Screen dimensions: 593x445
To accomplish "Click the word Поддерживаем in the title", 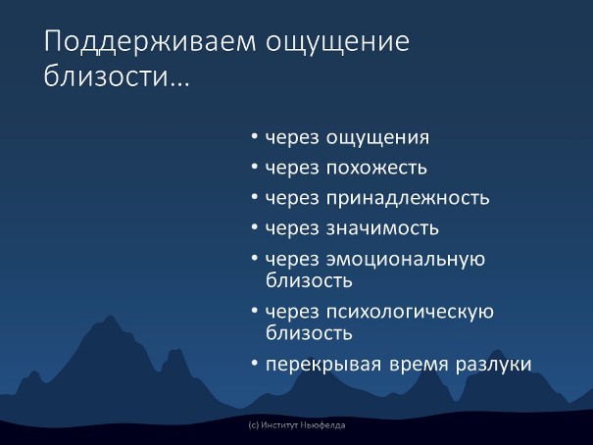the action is coord(150,42).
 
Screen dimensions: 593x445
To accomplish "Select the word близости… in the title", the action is coord(117,74).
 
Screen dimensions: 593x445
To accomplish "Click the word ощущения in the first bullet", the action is coord(377,137).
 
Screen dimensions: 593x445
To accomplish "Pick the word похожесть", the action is coord(376,168).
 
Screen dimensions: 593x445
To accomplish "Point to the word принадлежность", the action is coord(408,198).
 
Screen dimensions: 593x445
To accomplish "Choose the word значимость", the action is coord(382,228).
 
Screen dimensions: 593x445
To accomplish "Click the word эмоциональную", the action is coord(406,260).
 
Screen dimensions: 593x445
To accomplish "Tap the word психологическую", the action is coord(410,313).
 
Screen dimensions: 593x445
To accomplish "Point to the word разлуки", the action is coord(493,365).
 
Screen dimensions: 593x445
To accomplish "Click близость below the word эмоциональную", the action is coord(309,280).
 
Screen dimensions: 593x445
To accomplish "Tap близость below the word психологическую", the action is coord(309,333).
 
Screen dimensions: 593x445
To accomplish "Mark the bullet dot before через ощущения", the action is coord(255,136).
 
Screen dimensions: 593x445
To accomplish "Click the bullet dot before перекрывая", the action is coord(255,364).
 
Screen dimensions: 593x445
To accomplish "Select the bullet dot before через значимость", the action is coord(255,227).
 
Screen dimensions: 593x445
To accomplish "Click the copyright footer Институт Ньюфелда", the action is coord(296,425).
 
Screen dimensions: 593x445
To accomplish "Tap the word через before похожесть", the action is coord(292,169).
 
